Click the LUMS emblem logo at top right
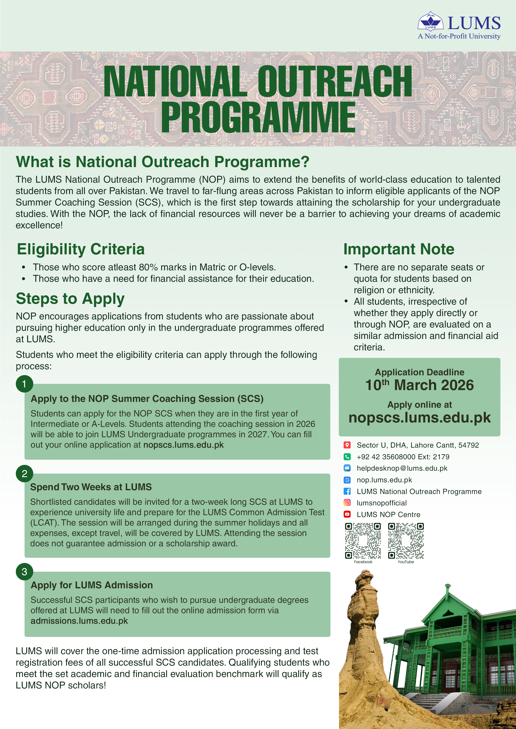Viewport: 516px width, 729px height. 430,22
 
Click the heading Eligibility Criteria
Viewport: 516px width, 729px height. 81,249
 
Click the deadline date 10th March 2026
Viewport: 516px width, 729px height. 419,385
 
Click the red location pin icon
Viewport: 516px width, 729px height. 347,445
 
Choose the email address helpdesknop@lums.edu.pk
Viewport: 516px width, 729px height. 402,468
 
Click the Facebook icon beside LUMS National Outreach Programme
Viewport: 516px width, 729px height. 347,491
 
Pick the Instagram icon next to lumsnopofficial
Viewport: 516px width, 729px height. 347,503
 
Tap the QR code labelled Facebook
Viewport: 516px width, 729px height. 363,541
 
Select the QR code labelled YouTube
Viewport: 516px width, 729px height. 406,541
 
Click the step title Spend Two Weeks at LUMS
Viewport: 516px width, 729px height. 91,487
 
